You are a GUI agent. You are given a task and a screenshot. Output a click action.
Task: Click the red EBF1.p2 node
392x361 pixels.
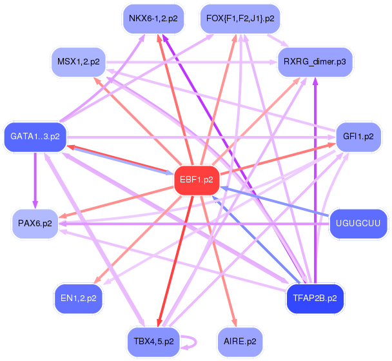pyautogui.click(x=197, y=180)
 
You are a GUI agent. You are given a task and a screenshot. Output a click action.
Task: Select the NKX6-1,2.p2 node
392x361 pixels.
pyautogui.click(x=153, y=19)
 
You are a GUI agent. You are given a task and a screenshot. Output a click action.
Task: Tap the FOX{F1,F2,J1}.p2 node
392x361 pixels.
pyautogui.click(x=240, y=19)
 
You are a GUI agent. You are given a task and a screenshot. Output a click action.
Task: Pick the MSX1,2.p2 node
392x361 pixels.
pyautogui.click(x=79, y=62)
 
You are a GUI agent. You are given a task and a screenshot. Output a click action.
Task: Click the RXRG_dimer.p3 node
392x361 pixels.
pyautogui.click(x=315, y=62)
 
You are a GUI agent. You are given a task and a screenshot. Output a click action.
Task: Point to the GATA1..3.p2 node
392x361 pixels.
pyautogui.click(x=35, y=137)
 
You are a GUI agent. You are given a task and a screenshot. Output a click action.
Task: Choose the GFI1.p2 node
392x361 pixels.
pyautogui.click(x=358, y=137)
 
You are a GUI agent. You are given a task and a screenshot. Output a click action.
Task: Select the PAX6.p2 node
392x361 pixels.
pyautogui.click(x=35, y=223)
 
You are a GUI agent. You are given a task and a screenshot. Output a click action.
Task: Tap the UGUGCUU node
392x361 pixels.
pyautogui.click(x=358, y=223)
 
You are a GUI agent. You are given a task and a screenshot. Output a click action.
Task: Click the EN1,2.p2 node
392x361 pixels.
pyautogui.click(x=79, y=298)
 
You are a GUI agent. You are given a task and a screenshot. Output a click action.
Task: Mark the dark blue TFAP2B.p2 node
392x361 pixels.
pyautogui.click(x=315, y=298)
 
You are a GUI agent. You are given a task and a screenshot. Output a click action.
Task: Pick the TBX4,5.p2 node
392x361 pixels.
pyautogui.click(x=153, y=342)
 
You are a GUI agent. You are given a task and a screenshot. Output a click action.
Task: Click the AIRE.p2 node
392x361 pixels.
pyautogui.click(x=240, y=342)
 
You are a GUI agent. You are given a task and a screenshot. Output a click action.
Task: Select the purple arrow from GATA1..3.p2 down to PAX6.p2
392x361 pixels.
pyautogui.click(x=35, y=180)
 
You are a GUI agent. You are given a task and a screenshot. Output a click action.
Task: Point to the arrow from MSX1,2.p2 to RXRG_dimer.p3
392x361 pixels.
pyautogui.click(x=191, y=62)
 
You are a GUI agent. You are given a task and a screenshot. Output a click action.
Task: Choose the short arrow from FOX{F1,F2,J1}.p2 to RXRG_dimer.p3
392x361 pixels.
pyautogui.click(x=277, y=40)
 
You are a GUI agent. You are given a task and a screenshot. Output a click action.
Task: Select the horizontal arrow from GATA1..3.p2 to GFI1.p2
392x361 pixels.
pyautogui.click(x=201, y=137)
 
